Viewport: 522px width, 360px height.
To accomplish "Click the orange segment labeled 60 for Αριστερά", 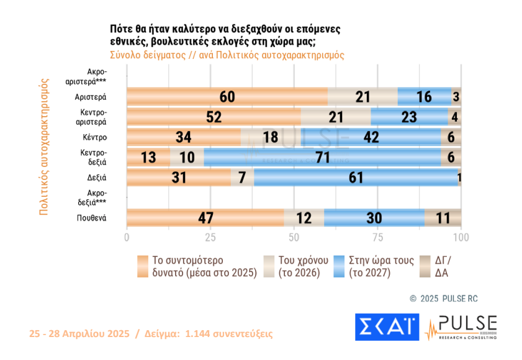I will pyautogui.click(x=227, y=97).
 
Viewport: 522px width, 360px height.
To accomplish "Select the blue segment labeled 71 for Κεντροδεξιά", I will pyautogui.click(x=322, y=158).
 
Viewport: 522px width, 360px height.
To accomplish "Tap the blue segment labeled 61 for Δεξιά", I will pyautogui.click(x=356, y=178).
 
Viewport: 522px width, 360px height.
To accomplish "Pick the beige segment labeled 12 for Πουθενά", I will pyautogui.click(x=304, y=218).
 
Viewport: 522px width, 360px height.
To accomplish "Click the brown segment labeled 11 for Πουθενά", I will pyautogui.click(x=443, y=218).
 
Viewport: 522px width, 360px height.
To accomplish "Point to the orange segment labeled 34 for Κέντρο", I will pyautogui.click(x=184, y=137).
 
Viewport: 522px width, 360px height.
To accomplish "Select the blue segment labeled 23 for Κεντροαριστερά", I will pyautogui.click(x=409, y=117).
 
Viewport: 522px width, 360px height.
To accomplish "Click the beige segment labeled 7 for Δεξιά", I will pyautogui.click(x=242, y=178).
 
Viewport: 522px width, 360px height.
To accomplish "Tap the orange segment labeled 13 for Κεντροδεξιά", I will pyautogui.click(x=148, y=158).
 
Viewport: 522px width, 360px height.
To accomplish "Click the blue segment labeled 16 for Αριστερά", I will pyautogui.click(x=425, y=97).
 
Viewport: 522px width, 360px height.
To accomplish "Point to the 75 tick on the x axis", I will pyautogui.click(x=377, y=238).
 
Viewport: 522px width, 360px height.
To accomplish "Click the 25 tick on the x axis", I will pyautogui.click(x=210, y=238).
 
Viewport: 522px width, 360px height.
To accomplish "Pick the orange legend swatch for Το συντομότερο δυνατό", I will pyautogui.click(x=143, y=266).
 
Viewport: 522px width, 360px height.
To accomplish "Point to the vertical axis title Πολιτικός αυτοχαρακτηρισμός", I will pyautogui.click(x=44, y=146).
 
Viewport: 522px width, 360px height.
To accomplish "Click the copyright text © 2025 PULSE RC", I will pyautogui.click(x=444, y=299).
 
